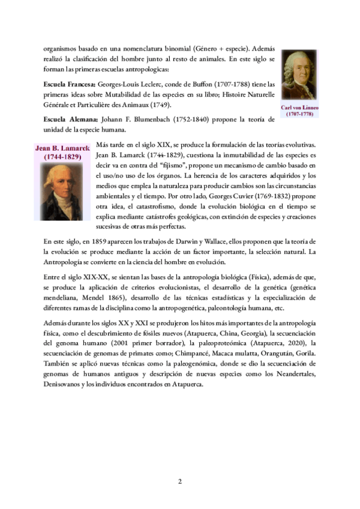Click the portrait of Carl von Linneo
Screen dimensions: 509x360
(x=299, y=77)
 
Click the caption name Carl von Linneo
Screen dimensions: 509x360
(x=299, y=107)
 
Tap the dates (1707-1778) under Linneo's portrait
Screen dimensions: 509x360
(x=299, y=113)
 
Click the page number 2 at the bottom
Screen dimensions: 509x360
(x=179, y=481)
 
